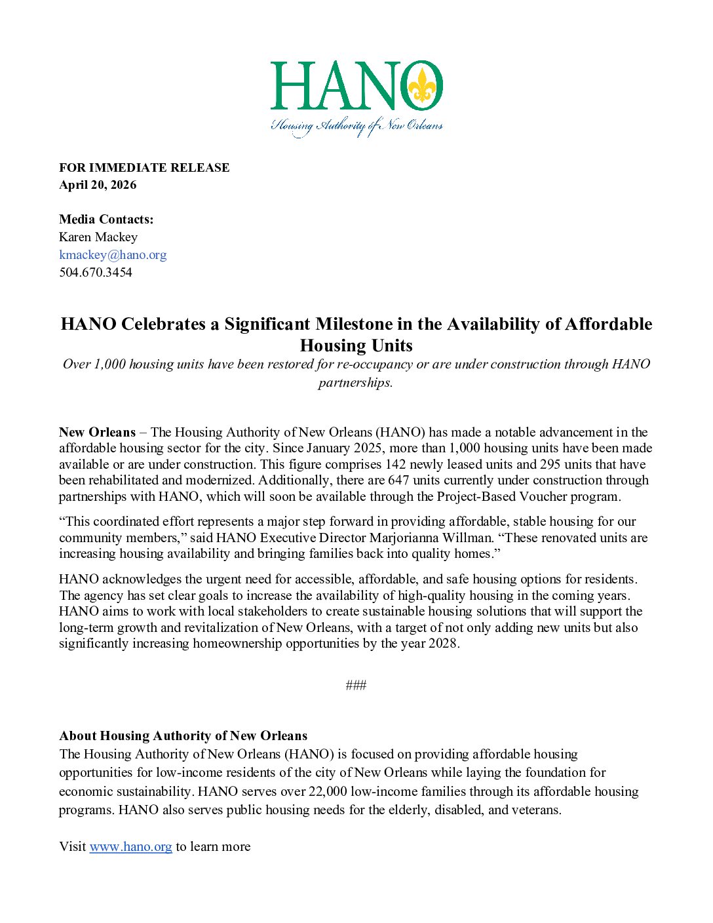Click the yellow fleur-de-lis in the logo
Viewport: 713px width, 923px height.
(x=423, y=85)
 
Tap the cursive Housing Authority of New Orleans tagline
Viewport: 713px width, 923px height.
(x=357, y=126)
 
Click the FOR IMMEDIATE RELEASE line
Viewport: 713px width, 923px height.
(x=144, y=168)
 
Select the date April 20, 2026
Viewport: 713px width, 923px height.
(x=98, y=185)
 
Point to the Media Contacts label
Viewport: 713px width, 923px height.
(x=106, y=220)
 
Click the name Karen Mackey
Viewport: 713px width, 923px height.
(x=98, y=237)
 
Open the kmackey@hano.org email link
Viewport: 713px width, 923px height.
(x=113, y=255)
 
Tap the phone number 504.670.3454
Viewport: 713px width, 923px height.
(x=96, y=273)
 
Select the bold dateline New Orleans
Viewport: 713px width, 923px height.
(x=97, y=433)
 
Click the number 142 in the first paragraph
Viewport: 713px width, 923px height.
(x=396, y=465)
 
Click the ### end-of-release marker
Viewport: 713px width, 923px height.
(x=356, y=686)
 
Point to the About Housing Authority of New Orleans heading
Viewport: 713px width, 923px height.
(x=183, y=736)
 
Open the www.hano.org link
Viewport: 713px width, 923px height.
(x=130, y=847)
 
